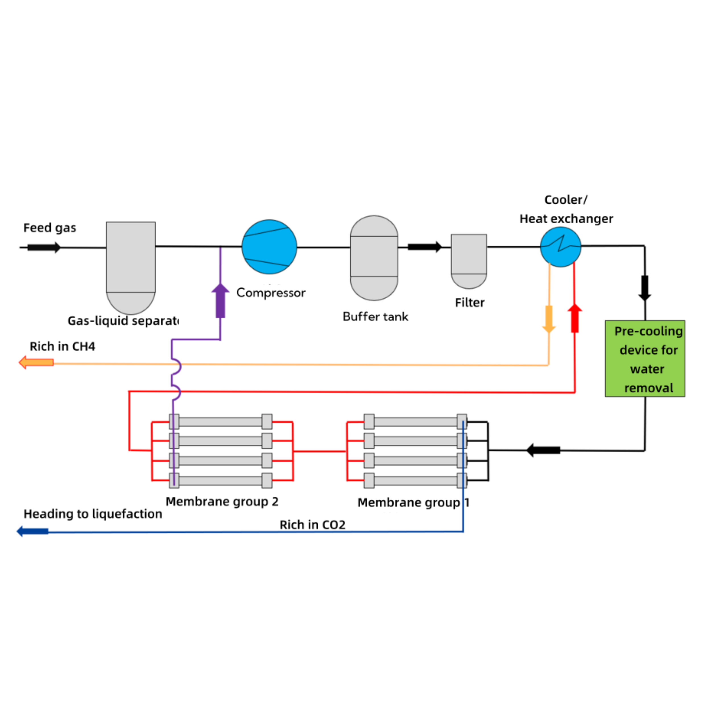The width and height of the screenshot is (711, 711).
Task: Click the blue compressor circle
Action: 269,247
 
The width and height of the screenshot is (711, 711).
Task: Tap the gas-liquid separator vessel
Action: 131,263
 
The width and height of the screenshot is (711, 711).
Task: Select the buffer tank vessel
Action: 374,258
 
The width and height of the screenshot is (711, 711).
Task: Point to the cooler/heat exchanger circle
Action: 561,247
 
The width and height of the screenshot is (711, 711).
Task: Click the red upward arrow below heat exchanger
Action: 574,318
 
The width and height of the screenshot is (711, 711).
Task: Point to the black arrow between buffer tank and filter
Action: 424,247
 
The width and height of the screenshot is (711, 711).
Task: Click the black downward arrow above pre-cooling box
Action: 645,288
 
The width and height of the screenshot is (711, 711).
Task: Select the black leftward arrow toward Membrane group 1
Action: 543,450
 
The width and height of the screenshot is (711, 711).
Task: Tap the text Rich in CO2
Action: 313,525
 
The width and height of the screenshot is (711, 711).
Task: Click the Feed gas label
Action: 50,228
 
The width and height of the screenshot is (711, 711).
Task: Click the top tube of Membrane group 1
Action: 415,422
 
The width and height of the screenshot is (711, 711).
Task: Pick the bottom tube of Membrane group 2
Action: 220,481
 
